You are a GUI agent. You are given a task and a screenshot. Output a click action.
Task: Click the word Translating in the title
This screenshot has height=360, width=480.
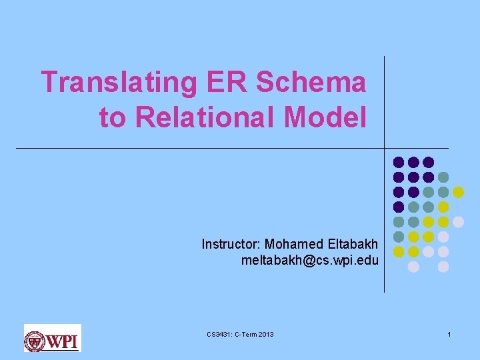tap(119, 83)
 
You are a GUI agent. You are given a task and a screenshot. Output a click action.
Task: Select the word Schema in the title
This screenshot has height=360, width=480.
tap(311, 83)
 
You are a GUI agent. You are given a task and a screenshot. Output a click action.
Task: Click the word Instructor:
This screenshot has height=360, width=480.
tap(231, 244)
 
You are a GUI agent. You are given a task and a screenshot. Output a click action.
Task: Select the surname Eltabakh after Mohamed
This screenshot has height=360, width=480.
tap(352, 244)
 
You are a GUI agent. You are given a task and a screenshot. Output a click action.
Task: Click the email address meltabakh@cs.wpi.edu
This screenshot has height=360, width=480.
tap(310, 259)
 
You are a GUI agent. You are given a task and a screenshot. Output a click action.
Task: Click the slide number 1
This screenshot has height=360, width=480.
tap(449, 334)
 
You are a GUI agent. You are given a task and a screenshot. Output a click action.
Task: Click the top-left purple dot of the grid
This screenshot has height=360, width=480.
tap(399, 162)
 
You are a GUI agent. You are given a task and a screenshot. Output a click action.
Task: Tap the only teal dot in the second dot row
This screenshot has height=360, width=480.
tap(443, 177)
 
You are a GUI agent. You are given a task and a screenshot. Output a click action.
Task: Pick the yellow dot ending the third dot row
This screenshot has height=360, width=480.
tap(458, 192)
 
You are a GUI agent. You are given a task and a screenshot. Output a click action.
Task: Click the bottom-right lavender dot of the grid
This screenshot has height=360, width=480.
tap(443, 267)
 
